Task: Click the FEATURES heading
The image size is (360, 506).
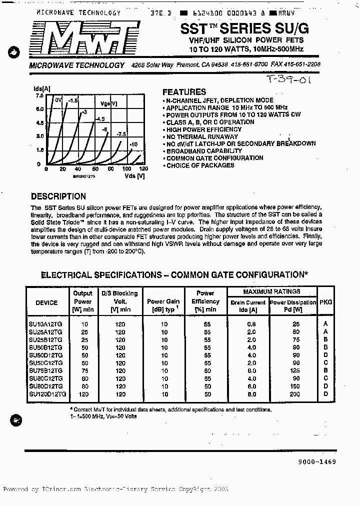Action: point(184,92)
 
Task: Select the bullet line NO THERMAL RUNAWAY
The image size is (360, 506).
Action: point(202,136)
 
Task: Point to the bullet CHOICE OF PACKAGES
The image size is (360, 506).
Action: point(200,165)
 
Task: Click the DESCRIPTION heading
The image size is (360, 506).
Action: point(58,196)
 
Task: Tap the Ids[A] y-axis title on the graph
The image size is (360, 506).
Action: point(41,88)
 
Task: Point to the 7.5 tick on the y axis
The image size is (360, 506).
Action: point(39,95)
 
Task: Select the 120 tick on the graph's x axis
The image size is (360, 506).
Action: point(143,169)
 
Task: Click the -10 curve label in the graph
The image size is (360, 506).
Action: point(133,144)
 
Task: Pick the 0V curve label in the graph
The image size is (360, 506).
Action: point(58,100)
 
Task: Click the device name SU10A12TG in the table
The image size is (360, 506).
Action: point(46,324)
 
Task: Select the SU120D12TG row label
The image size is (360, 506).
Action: point(47,394)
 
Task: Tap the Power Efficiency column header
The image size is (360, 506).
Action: point(205,301)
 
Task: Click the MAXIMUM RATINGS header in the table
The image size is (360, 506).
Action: point(272,291)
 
